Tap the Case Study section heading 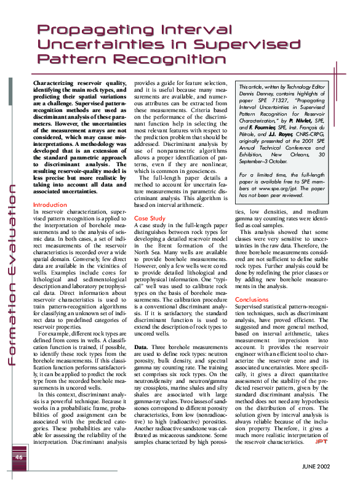click(150, 201)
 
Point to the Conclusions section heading click(252, 299)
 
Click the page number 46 click(18, 457)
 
